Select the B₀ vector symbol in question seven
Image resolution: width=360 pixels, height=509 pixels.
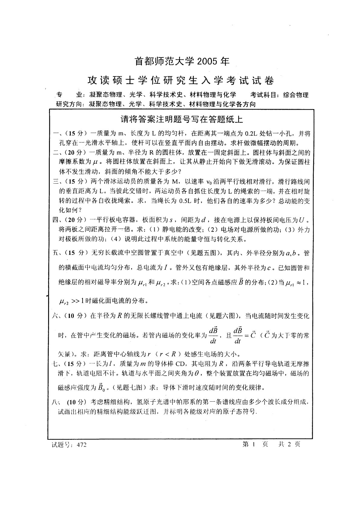click(x=100, y=387)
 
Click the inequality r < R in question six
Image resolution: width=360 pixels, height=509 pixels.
click(x=171, y=354)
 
